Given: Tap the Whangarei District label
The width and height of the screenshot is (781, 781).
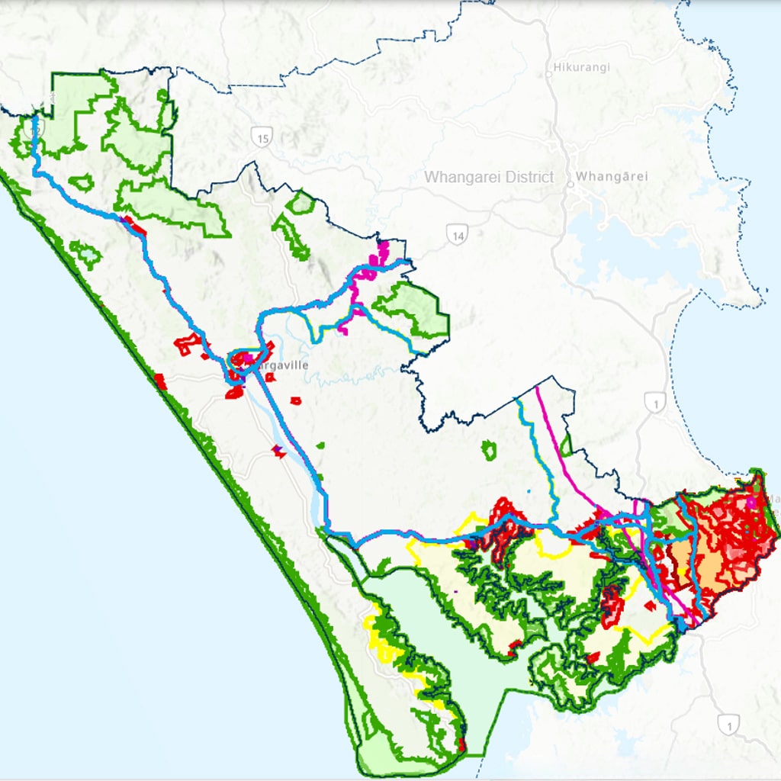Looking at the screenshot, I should (489, 177).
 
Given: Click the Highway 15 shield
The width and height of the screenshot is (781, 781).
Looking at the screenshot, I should (262, 137).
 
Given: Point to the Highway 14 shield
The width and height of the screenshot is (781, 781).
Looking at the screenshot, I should (458, 235).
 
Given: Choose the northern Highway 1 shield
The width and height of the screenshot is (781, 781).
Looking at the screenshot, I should (654, 402).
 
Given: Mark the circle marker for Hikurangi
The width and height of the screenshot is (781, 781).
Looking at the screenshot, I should (548, 74).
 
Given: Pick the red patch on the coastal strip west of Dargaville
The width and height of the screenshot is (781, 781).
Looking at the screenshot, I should (160, 381).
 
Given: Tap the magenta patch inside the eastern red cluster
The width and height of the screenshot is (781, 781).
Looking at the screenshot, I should (753, 503).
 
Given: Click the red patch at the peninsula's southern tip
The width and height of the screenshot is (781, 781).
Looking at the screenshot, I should (461, 744).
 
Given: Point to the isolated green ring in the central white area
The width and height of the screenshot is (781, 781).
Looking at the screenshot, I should (489, 451).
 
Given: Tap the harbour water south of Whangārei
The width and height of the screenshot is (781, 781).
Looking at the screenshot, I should (610, 229).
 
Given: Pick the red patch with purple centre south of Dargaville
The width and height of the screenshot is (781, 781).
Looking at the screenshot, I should (279, 452).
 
